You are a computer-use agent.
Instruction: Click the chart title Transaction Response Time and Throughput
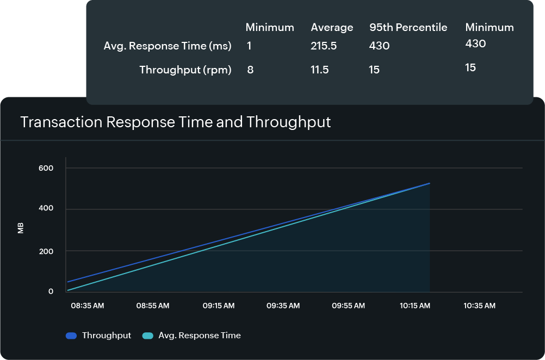(175, 122)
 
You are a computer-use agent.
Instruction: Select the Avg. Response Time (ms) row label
(168, 46)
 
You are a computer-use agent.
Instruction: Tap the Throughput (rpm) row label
(185, 70)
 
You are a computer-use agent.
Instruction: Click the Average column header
(332, 28)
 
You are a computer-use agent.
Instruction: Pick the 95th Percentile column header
(408, 28)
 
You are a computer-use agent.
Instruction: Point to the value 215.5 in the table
(324, 46)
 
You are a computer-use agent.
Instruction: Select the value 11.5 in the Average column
(320, 70)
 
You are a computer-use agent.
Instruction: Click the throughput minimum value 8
(250, 70)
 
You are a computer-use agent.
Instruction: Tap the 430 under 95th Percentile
(379, 46)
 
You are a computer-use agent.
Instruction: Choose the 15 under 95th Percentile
(374, 70)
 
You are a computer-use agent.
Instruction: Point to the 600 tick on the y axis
(46, 169)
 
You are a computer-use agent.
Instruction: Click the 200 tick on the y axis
(46, 251)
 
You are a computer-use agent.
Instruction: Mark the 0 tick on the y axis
(51, 292)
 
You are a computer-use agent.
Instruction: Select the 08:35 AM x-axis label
(87, 306)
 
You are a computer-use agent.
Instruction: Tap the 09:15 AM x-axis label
(219, 306)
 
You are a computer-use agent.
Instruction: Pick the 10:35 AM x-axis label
(479, 306)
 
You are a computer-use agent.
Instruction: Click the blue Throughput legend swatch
(71, 336)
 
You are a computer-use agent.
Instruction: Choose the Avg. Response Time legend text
(199, 336)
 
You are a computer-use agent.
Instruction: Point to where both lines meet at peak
(429, 184)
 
